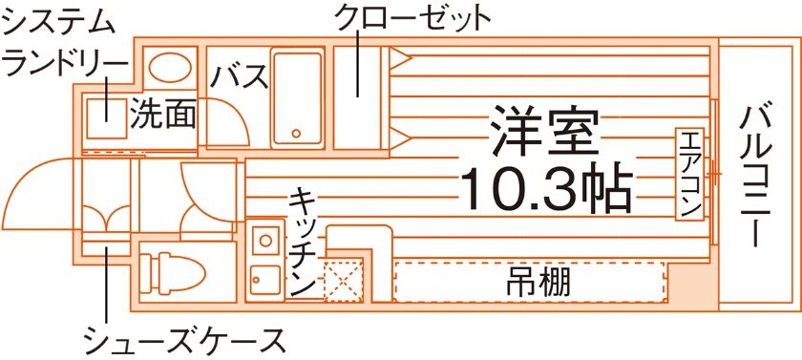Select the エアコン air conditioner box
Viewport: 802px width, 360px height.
[689, 175]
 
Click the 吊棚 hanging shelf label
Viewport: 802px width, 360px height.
[538, 282]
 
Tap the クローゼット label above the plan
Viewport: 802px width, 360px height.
[412, 18]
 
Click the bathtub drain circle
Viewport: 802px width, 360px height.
[296, 134]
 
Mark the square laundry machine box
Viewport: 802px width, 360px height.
[106, 118]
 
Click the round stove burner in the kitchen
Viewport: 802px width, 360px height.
[265, 240]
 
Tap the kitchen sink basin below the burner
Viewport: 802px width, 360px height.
[265, 280]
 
